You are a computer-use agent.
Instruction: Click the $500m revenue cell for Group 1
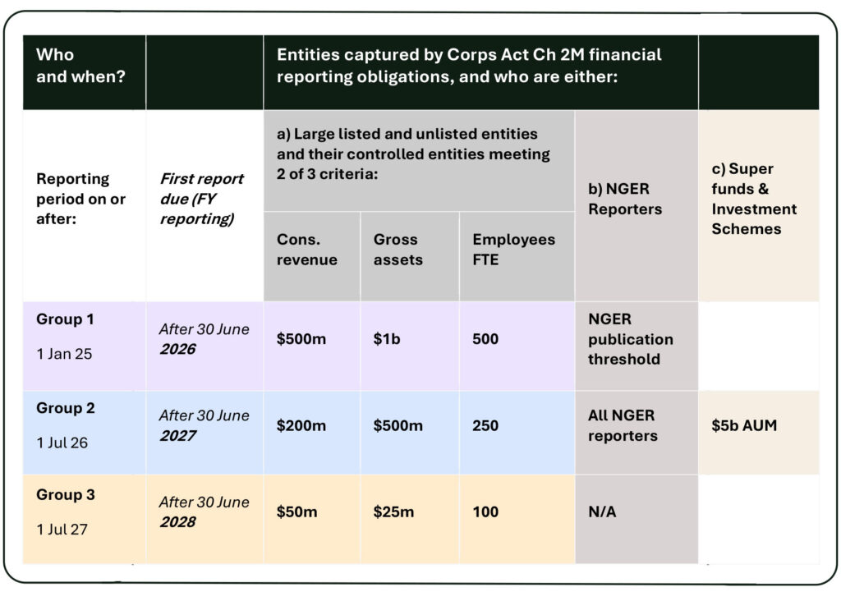tap(301, 339)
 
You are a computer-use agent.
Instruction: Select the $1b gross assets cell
tap(387, 339)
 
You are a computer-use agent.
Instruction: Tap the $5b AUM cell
tap(744, 426)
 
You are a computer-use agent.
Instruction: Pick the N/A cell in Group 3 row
tap(602, 512)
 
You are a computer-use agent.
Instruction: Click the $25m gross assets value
tap(393, 512)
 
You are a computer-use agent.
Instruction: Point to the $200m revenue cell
tap(301, 425)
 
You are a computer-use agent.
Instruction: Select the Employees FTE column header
tap(513, 250)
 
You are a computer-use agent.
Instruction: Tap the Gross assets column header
tap(398, 250)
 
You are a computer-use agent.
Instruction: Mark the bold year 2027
tap(177, 435)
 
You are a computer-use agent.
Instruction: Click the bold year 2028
tap(177, 521)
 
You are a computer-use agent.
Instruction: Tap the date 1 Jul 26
tap(62, 443)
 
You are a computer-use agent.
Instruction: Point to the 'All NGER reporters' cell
tap(623, 426)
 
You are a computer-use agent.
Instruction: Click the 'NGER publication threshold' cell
tap(630, 339)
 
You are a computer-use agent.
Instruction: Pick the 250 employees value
tap(485, 425)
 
